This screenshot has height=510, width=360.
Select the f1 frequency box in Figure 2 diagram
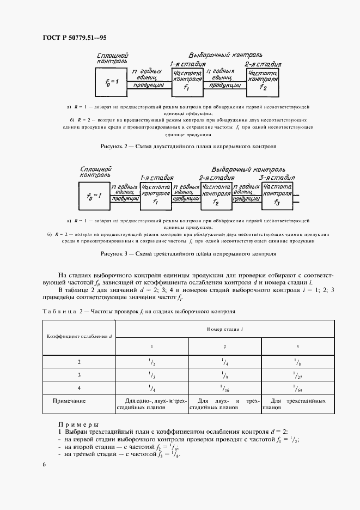pos(187,81)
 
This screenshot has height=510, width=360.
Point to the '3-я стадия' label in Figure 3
pos(277,178)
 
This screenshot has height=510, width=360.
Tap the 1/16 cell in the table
pos(224,388)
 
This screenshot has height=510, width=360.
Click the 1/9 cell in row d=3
pos(224,375)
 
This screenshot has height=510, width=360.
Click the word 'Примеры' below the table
pos(78,424)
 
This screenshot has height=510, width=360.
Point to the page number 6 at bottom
pos(44,464)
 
